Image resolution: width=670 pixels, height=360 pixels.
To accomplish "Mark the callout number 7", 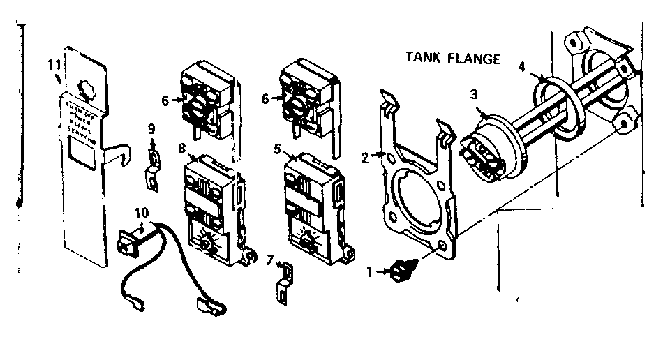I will [269, 261].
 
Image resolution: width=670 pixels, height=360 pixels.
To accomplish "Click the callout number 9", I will [151, 128].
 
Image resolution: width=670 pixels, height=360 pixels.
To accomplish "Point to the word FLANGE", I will [475, 59].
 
